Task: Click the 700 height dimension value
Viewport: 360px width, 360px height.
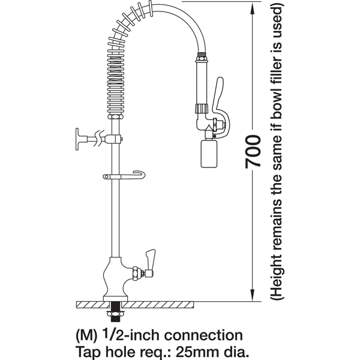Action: (x=253, y=152)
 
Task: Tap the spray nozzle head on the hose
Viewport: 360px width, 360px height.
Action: (x=209, y=154)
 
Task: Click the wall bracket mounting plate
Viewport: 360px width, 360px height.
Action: (x=77, y=139)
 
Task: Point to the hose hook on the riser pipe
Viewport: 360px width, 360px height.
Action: (x=124, y=175)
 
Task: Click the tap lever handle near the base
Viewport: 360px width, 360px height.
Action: (x=150, y=258)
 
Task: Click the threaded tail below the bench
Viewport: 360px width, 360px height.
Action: (x=115, y=312)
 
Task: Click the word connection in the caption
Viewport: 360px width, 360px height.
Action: (x=203, y=335)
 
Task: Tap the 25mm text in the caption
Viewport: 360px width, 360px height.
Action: (x=194, y=352)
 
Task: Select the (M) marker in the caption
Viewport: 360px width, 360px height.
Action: (x=86, y=336)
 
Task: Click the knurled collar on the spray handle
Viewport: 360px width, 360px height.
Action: (x=202, y=108)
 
